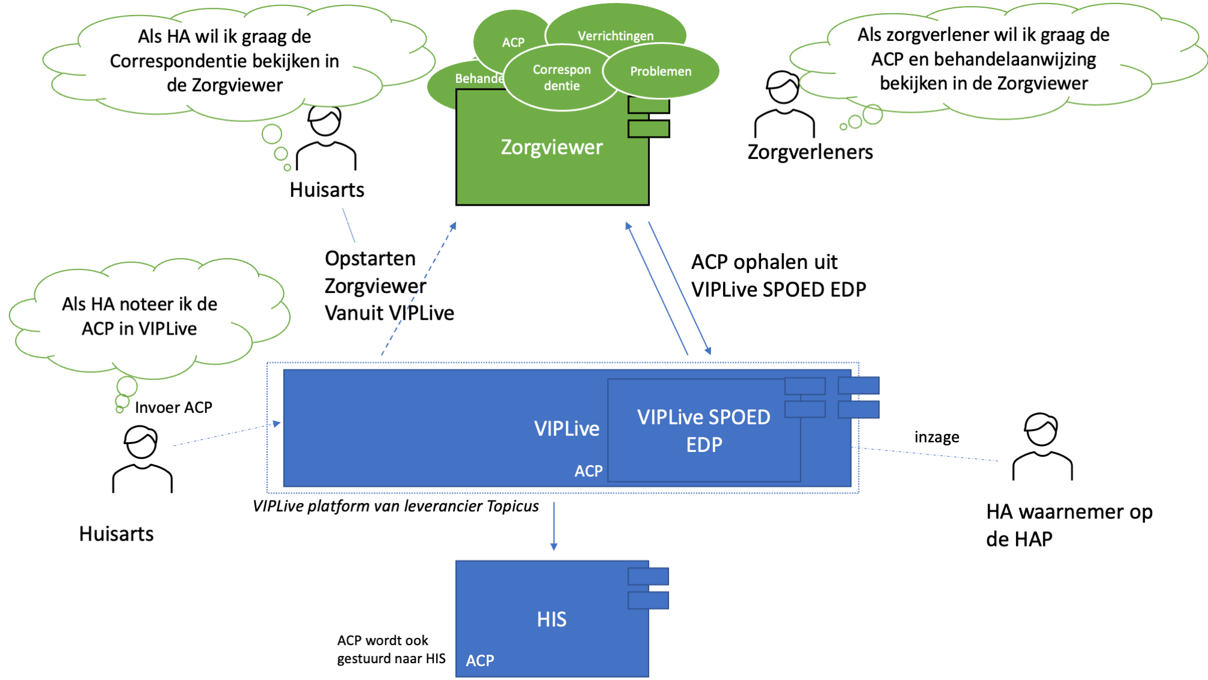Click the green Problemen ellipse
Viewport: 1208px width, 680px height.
click(x=661, y=72)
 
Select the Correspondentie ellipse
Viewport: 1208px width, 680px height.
click(x=561, y=78)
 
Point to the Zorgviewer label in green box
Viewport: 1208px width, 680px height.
click(x=552, y=147)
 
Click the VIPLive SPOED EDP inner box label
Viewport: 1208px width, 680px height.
click(x=703, y=431)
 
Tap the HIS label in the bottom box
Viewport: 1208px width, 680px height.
click(x=552, y=619)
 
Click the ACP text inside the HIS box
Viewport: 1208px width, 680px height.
click(x=479, y=661)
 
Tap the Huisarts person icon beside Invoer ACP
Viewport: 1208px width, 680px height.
click(x=142, y=459)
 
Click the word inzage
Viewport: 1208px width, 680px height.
click(x=937, y=437)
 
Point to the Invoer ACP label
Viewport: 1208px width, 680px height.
click(x=173, y=407)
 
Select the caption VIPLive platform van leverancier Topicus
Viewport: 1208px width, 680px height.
click(x=395, y=506)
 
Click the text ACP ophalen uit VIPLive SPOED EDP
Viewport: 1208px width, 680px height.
click(x=778, y=276)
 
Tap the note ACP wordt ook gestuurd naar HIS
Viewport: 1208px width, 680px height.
click(x=391, y=649)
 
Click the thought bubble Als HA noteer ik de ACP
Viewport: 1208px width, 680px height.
click(x=140, y=317)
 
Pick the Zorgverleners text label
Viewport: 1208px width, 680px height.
click(x=810, y=152)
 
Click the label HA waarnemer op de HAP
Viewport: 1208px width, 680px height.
click(x=1068, y=525)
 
